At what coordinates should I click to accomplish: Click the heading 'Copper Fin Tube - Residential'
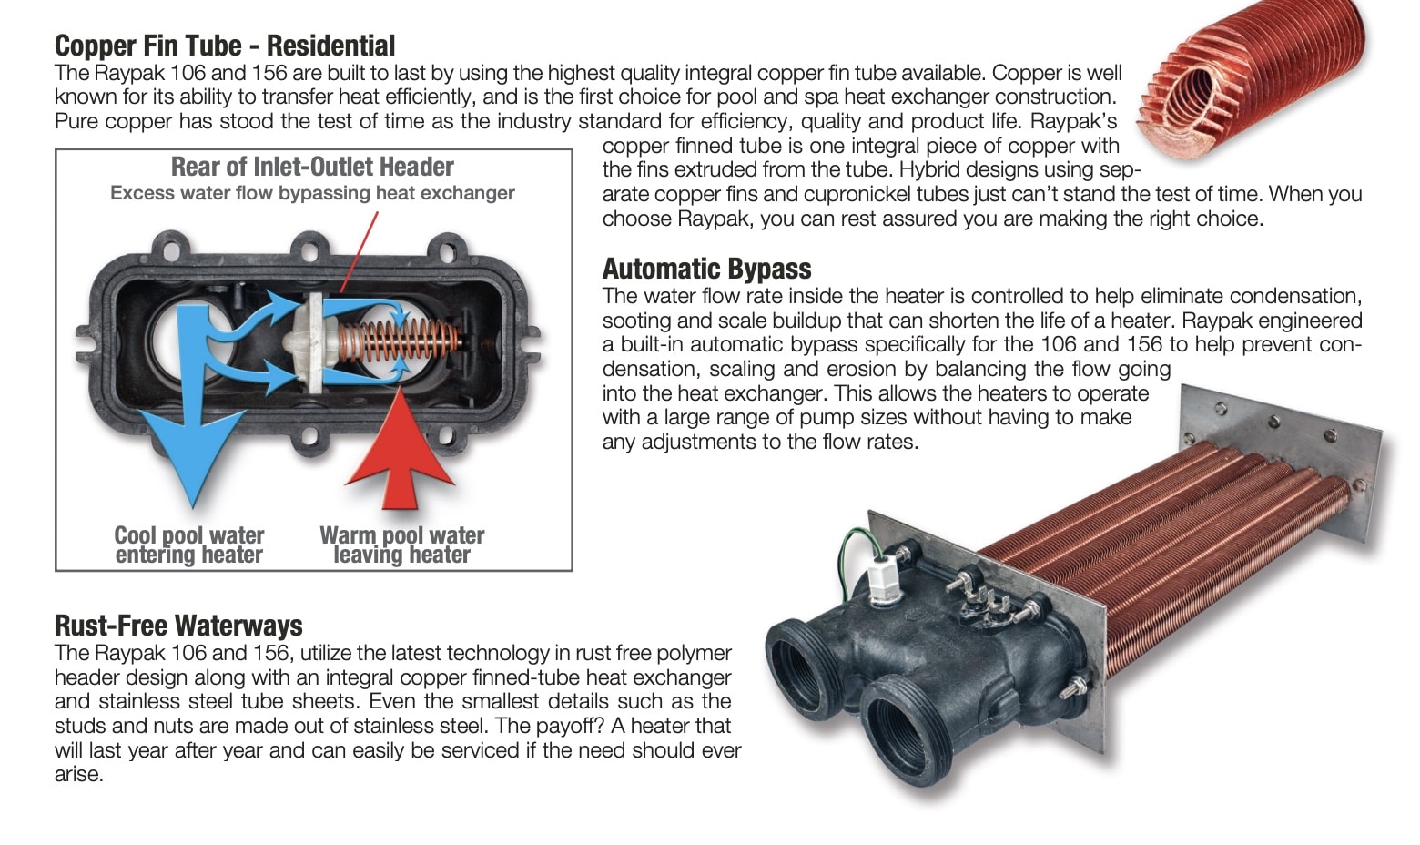coord(225,46)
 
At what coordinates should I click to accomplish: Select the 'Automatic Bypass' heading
coord(706,269)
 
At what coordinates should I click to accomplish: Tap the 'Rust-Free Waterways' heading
coord(178,626)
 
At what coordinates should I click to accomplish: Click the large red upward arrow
coord(400,450)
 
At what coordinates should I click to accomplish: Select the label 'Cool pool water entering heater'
coord(189,545)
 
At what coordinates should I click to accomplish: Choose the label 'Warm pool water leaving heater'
coord(402,545)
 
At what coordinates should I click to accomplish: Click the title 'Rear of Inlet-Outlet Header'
coord(312,167)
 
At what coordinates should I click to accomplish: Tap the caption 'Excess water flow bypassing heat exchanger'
coord(312,193)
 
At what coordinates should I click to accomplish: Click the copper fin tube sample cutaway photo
coord(1252,79)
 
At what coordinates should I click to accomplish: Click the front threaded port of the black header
coord(908,732)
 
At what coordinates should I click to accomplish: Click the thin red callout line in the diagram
coord(360,252)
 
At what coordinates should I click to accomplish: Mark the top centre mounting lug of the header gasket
coord(309,248)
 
